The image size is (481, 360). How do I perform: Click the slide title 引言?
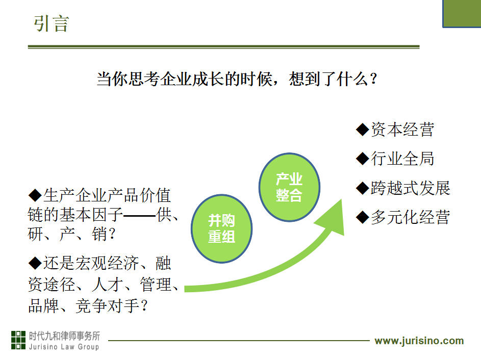tap(52, 23)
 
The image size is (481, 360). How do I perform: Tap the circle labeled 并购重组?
tap(221, 228)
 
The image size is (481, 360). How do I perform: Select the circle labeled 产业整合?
tap(289, 187)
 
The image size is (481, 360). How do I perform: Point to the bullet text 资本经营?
tap(402, 130)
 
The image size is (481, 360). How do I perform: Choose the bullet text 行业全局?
tap(402, 159)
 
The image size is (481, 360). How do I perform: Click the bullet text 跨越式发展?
tap(411, 188)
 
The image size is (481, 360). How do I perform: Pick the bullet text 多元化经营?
tap(411, 217)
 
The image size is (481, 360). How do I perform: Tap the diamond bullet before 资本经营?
tap(363, 130)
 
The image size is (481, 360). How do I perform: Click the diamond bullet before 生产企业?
tap(35, 195)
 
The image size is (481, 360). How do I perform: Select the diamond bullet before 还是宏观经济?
tap(35, 263)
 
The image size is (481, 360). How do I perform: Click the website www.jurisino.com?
tap(419, 341)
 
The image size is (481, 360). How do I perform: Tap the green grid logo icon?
tap(18, 340)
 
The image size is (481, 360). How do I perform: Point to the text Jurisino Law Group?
tap(64, 347)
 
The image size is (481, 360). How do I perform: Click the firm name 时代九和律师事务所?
tap(64, 336)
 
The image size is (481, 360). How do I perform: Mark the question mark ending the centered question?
tap(374, 79)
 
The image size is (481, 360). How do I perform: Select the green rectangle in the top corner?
tap(462, 14)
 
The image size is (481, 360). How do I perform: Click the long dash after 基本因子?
tap(140, 216)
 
